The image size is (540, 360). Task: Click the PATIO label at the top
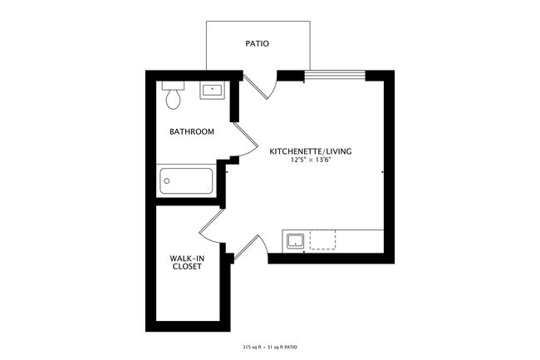click(258, 43)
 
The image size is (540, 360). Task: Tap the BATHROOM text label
click(192, 131)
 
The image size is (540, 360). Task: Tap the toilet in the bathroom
click(173, 97)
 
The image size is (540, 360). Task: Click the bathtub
click(187, 180)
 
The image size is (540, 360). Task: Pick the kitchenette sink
click(294, 241)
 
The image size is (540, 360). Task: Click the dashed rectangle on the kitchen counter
click(323, 240)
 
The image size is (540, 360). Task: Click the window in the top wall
click(335, 76)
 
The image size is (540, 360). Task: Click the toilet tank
click(173, 86)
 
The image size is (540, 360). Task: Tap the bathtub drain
click(165, 180)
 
